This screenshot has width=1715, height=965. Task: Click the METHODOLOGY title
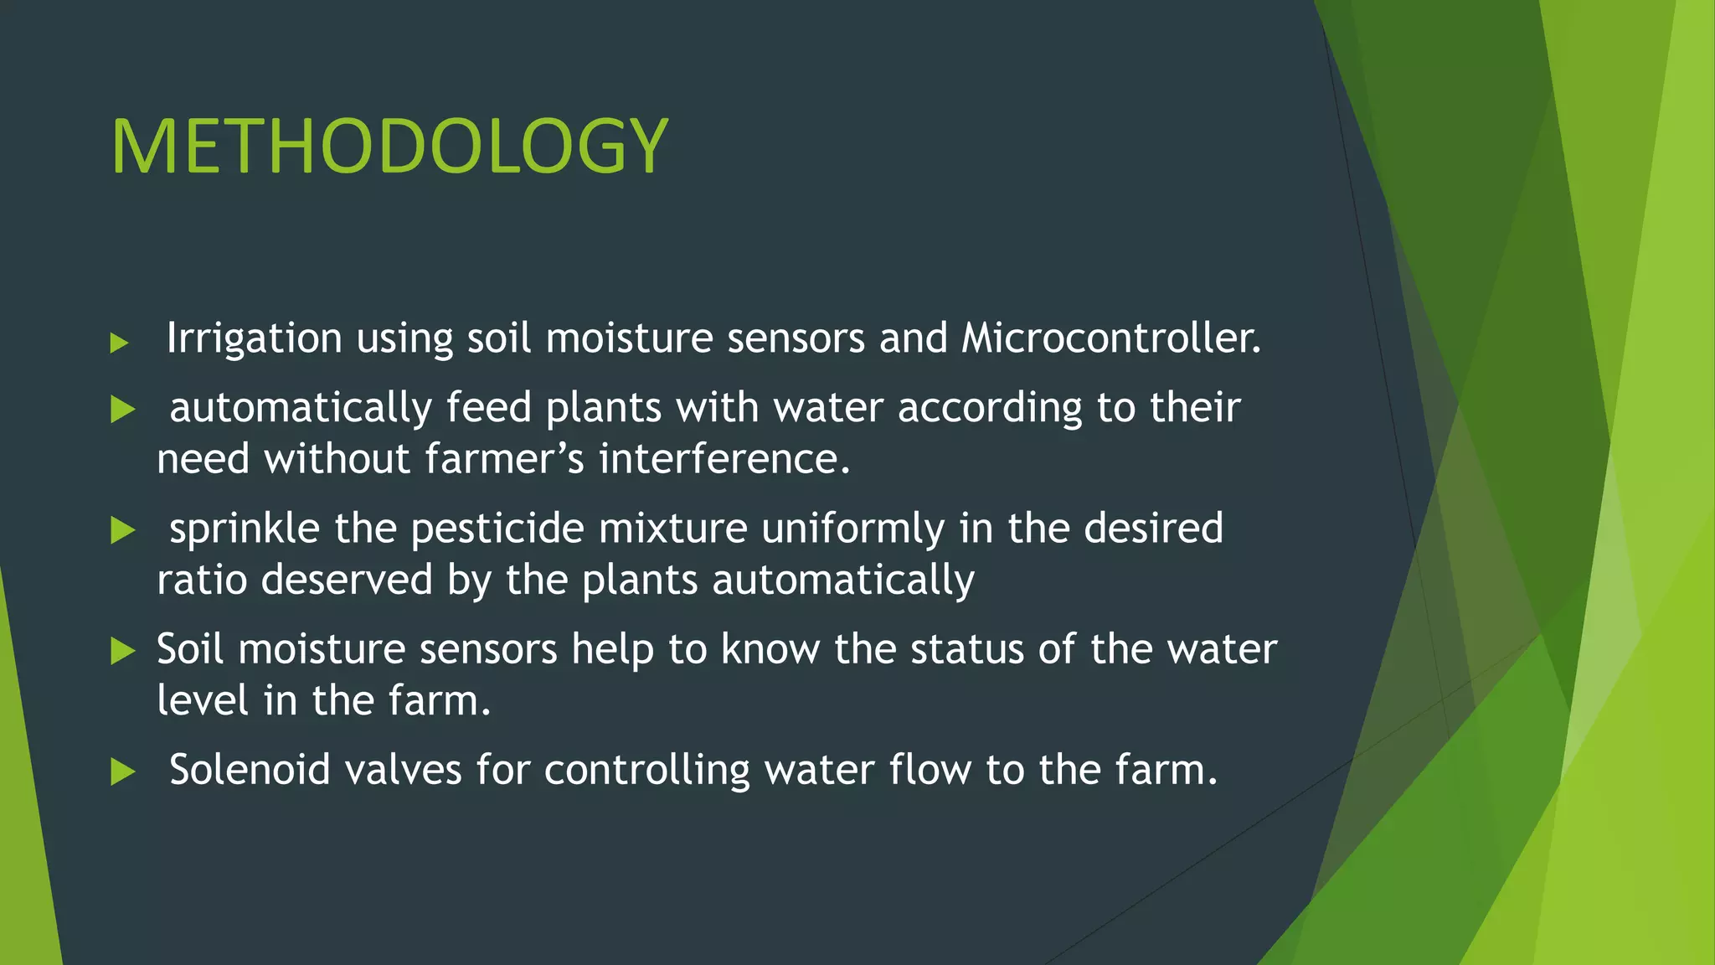389,147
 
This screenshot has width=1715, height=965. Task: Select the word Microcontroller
1110,338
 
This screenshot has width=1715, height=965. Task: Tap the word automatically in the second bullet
300,409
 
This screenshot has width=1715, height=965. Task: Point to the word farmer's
503,459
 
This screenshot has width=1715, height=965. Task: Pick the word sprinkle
245,529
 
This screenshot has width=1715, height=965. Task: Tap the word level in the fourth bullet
203,700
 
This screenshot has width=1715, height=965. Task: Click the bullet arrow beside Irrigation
120,343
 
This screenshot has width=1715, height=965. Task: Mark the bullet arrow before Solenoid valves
123,772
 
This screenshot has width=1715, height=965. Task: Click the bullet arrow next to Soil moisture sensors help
123,652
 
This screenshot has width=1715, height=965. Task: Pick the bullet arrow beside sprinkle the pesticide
123,531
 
